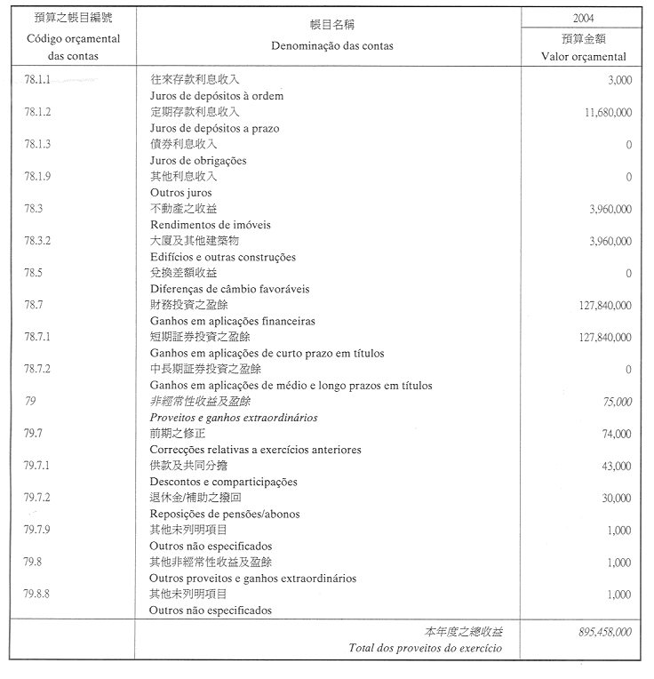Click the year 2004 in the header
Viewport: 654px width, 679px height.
(584, 17)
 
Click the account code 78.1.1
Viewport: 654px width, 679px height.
(38, 80)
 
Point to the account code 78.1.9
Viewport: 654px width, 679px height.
(38, 176)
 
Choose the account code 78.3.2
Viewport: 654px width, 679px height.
(38, 240)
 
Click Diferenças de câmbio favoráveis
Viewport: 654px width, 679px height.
(228, 289)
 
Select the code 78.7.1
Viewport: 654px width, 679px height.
(38, 337)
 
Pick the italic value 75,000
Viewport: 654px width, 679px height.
(615, 402)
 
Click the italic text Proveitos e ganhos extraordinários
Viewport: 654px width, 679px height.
(233, 418)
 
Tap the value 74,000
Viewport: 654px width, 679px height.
(615, 434)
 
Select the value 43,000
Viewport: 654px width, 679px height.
(615, 466)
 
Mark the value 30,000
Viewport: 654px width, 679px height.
(615, 499)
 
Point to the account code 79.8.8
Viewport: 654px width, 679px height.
(38, 594)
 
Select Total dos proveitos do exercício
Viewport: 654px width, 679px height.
(427, 648)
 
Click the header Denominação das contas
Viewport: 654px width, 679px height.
(328, 45)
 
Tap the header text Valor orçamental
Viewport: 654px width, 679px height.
(584, 56)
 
